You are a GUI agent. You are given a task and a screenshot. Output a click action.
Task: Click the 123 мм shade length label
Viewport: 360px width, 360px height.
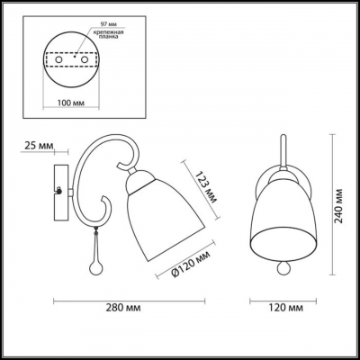(x=200, y=190)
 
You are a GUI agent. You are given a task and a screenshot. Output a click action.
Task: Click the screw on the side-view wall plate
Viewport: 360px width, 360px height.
(x=59, y=191)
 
